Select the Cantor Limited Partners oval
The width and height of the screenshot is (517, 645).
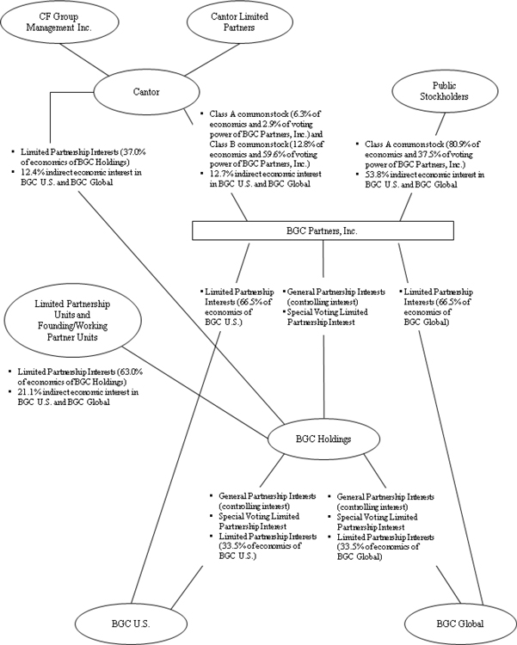230,21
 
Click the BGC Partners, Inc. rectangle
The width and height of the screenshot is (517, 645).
323,230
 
